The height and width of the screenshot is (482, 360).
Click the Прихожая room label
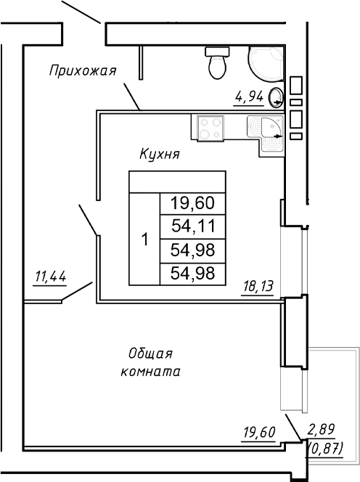click(x=83, y=70)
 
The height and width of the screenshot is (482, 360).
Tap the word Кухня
click(x=160, y=155)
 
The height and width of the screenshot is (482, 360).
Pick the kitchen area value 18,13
click(x=257, y=286)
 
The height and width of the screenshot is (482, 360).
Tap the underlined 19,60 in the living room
click(x=258, y=433)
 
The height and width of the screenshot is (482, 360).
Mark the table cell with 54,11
click(x=192, y=226)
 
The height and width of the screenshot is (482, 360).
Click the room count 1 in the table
click(x=144, y=239)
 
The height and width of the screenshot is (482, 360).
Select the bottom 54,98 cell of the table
click(x=192, y=273)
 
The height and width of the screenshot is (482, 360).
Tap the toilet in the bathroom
click(x=216, y=62)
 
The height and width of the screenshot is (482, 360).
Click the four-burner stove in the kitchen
click(x=212, y=128)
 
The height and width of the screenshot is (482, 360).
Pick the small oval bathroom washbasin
click(x=276, y=95)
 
